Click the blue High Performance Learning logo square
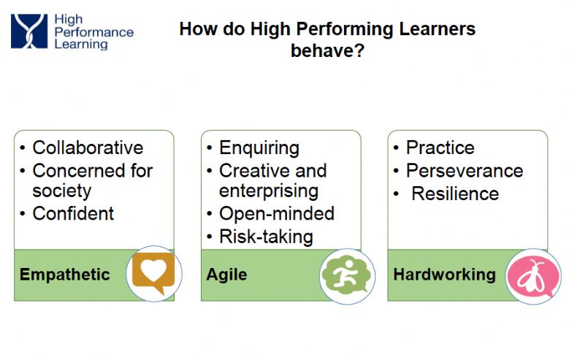(x=29, y=31)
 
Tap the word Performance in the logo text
(x=94, y=32)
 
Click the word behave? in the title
(x=328, y=50)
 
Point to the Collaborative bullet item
(x=88, y=148)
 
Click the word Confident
(x=73, y=213)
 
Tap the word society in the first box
(x=61, y=191)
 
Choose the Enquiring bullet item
(x=259, y=148)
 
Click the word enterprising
(x=269, y=191)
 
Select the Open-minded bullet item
(x=277, y=214)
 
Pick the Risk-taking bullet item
(x=266, y=237)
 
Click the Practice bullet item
(x=440, y=148)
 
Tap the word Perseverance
(x=465, y=171)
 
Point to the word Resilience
(x=455, y=194)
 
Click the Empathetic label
(x=64, y=275)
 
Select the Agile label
(x=227, y=275)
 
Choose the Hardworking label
(x=445, y=275)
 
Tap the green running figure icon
(x=346, y=275)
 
